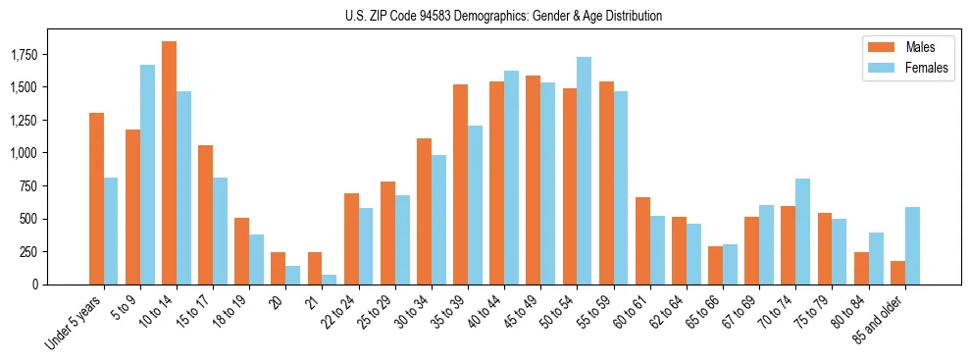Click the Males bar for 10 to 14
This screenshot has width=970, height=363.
coord(169,163)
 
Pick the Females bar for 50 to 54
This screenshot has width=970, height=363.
coord(584,171)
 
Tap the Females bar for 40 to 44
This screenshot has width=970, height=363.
coord(511,178)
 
